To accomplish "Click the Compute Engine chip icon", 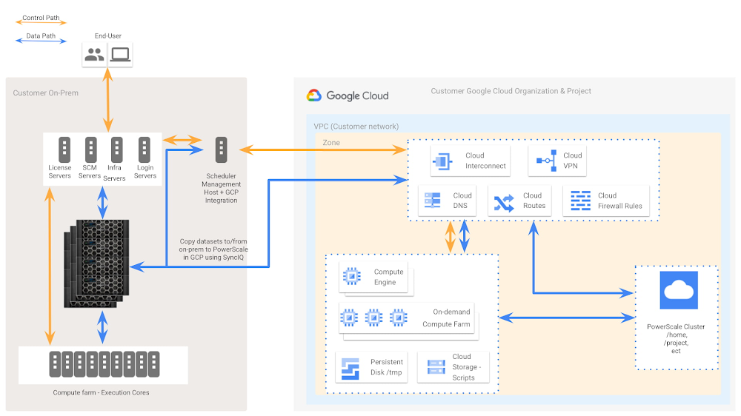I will (x=350, y=277).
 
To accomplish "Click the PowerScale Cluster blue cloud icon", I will (x=679, y=290).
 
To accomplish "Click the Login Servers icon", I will (x=145, y=150).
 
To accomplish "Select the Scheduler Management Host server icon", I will (x=221, y=150).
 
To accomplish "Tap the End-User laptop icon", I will (x=120, y=54).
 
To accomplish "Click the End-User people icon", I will (x=94, y=54).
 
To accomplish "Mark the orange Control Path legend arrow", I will (x=41, y=23).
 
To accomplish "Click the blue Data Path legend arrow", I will (x=41, y=41).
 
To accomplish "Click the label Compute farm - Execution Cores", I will (x=101, y=392).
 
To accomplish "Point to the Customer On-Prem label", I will (x=45, y=93).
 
